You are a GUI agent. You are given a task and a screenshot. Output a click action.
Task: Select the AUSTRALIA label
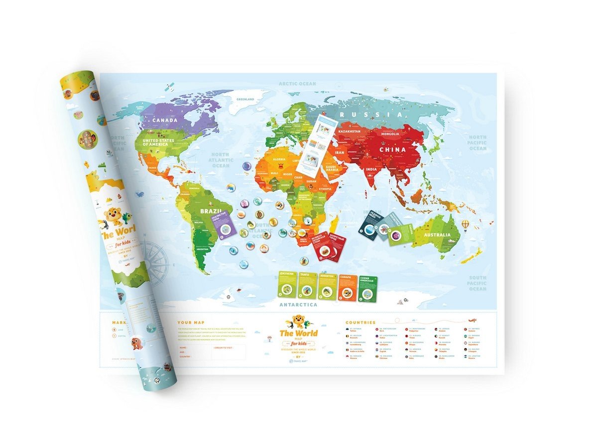point(437,234)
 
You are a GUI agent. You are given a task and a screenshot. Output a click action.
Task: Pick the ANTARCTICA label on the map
point(299,304)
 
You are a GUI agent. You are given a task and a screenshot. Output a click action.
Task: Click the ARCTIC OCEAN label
point(297,84)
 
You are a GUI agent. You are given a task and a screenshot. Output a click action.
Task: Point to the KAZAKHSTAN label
point(350,131)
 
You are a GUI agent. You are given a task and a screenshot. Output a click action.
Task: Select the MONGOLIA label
point(389,134)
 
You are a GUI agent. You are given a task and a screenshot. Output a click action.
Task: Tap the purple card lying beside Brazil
point(223,227)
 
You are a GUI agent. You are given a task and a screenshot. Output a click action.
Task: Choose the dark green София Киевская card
point(367,288)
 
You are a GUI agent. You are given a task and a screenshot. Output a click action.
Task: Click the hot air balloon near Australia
point(465,225)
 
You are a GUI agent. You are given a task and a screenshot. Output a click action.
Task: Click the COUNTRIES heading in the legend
point(360,323)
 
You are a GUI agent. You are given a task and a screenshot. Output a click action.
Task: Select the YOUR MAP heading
point(191,323)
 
